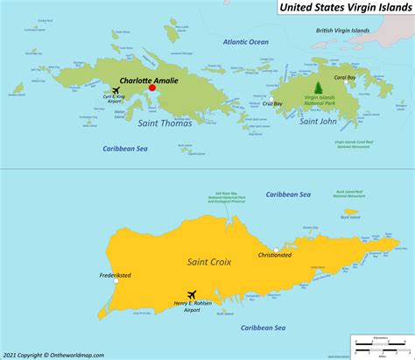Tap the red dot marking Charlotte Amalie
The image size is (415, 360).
point(151,88)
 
